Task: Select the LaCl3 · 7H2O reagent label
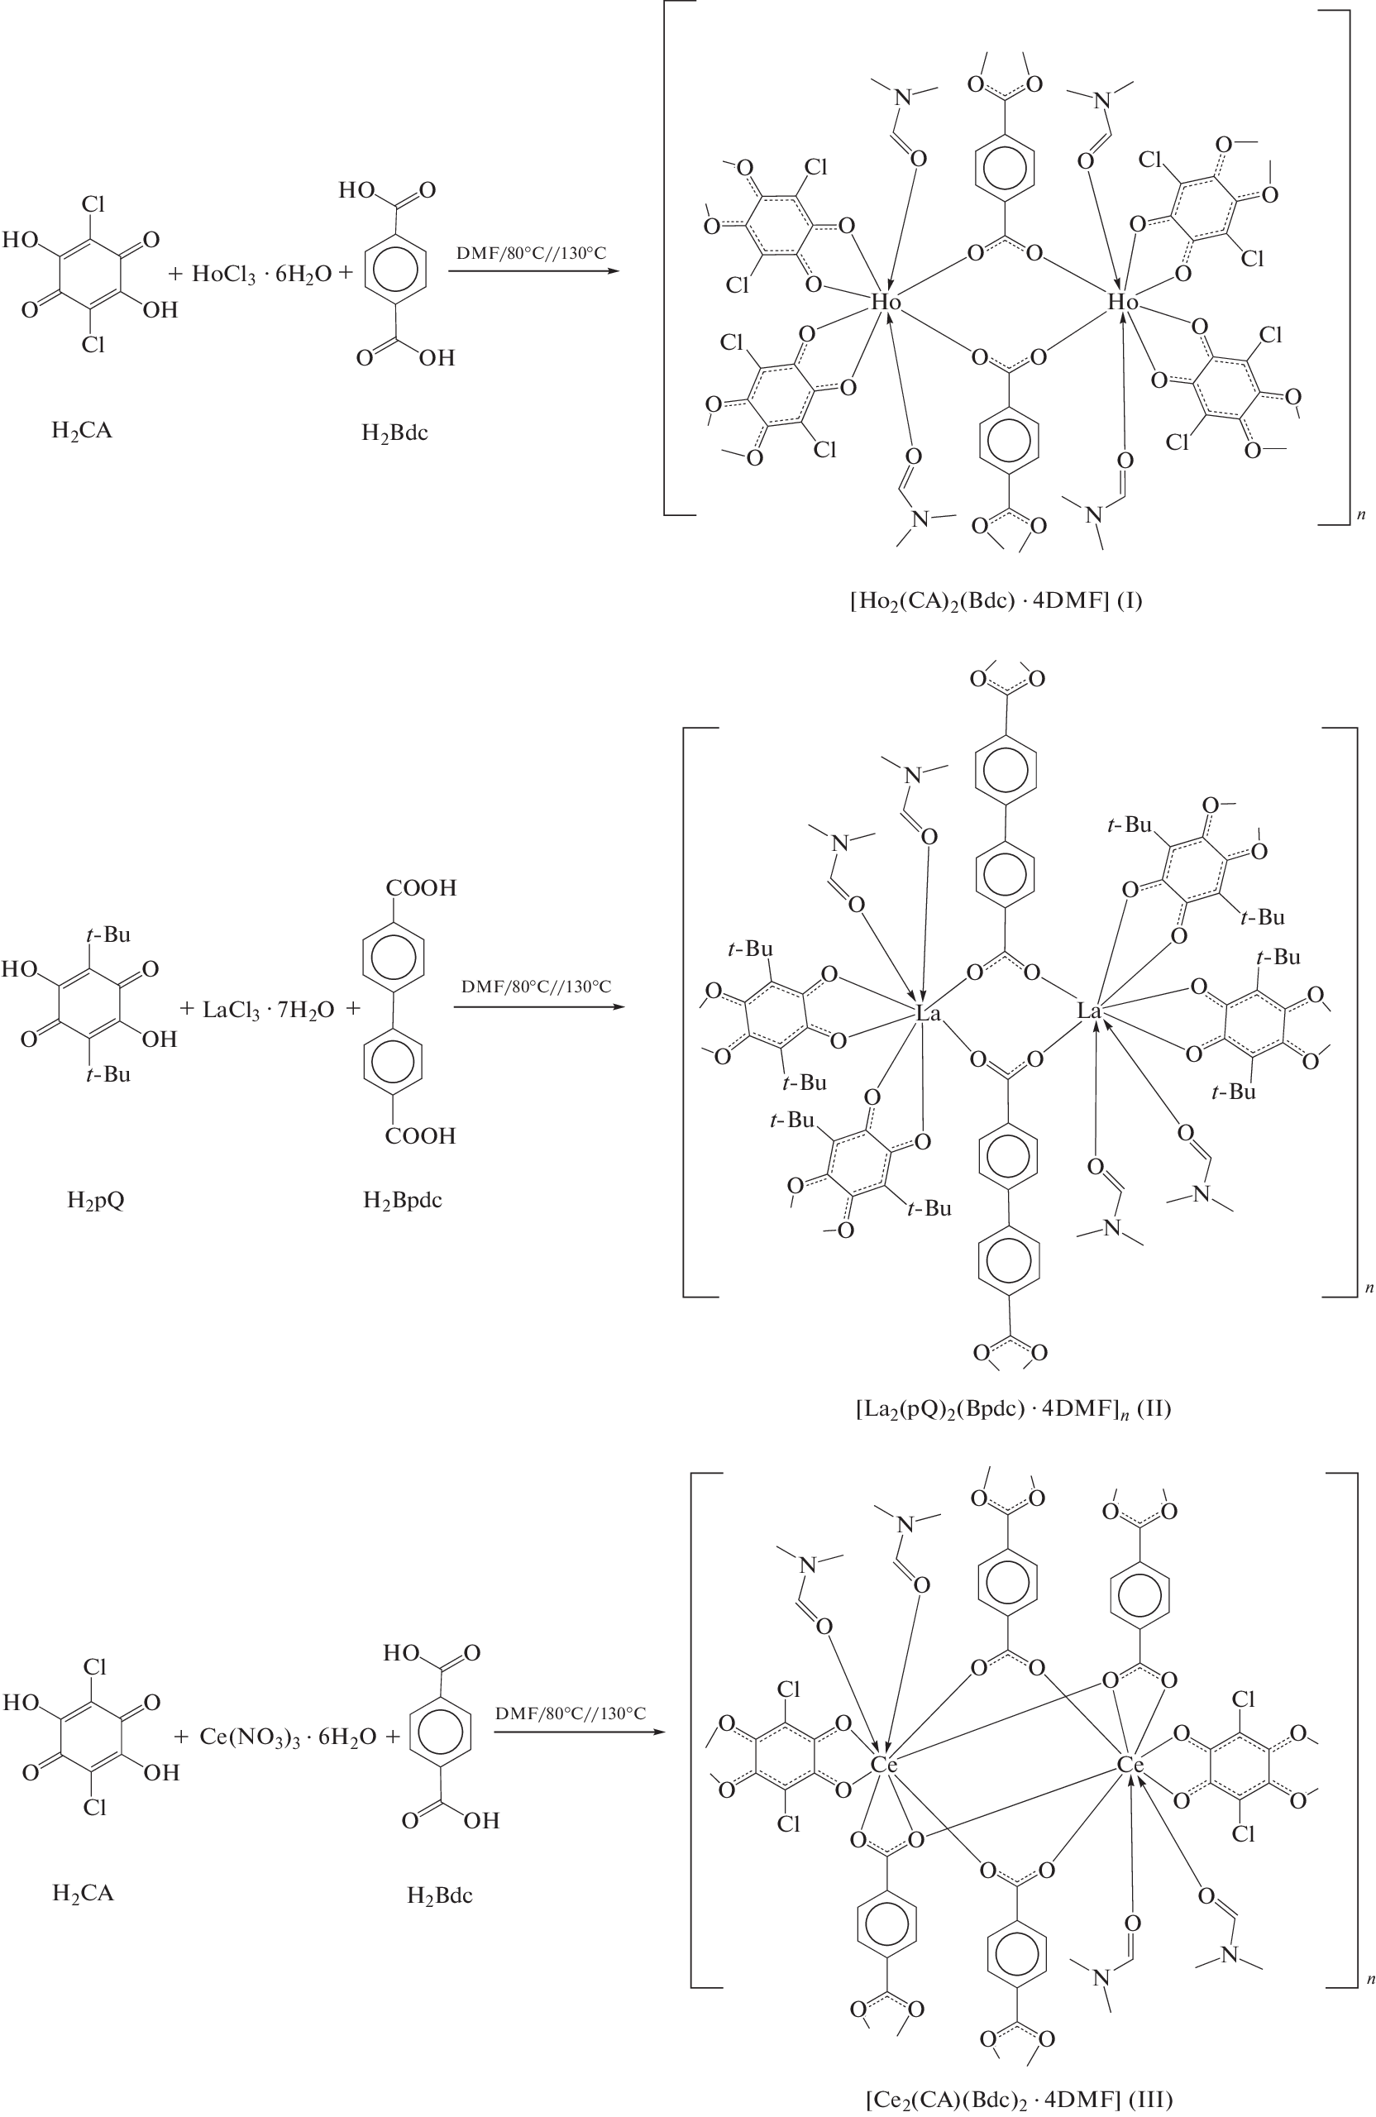[x=269, y=1010]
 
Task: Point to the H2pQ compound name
[x=95, y=1200]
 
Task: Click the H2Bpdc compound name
[x=402, y=1200]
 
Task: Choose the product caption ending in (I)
[x=996, y=600]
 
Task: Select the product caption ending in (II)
[x=1012, y=1408]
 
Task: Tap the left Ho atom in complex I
[x=885, y=303]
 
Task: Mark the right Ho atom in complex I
[x=1122, y=303]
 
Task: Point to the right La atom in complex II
[x=1090, y=1011]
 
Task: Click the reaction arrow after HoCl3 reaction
[x=533, y=270]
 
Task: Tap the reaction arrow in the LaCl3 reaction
[x=537, y=1007]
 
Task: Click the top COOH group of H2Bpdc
[x=421, y=887]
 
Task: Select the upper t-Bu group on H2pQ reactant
[x=107, y=934]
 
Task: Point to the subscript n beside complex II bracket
[x=1369, y=1287]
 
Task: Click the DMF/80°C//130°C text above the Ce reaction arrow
[x=570, y=1713]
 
